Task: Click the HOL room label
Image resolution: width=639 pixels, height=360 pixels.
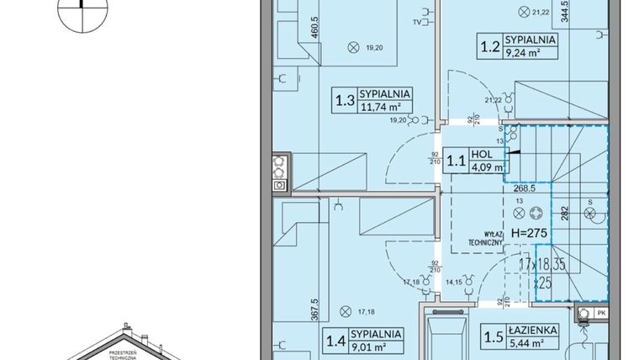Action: point(481,153)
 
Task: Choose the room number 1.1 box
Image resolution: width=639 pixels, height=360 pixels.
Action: point(457,160)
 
